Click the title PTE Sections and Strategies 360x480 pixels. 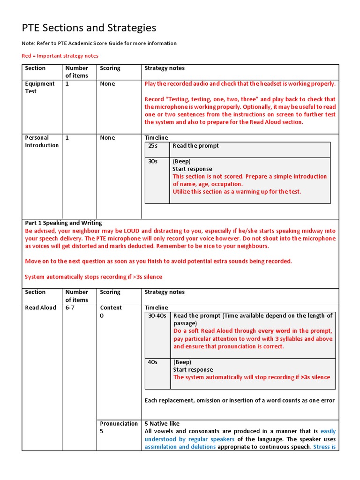[x=89, y=28]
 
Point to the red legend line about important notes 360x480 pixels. [x=60, y=56]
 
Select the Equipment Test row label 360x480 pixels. [x=39, y=87]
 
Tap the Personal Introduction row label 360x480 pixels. [x=42, y=141]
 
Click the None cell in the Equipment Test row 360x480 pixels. [x=107, y=84]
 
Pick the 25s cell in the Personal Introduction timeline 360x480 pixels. [x=152, y=146]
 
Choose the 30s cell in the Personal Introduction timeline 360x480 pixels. [x=152, y=161]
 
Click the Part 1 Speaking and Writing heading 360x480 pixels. [x=63, y=223]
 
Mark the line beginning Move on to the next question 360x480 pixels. [x=158, y=261]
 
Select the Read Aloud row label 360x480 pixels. [x=40, y=308]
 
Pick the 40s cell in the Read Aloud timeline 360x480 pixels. [x=152, y=362]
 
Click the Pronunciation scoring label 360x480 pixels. [x=119, y=424]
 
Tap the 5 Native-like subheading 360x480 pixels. [x=162, y=424]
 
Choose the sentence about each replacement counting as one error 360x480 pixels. [x=240, y=400]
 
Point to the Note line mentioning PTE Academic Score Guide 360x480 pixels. [x=99, y=43]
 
